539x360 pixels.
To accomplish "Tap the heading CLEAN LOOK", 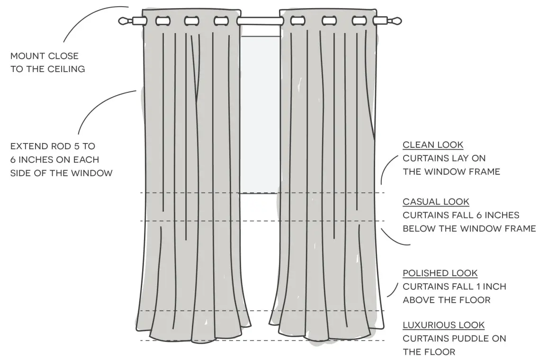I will pos(433,145).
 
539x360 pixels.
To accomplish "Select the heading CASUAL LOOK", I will pos(436,202).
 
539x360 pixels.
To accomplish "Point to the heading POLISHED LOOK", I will pos(440,273).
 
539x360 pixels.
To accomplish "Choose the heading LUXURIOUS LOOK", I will pos(443,325).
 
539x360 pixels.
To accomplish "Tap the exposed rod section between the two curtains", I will pos(260,21).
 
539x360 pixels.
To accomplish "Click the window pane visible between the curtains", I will pos(259,114).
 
